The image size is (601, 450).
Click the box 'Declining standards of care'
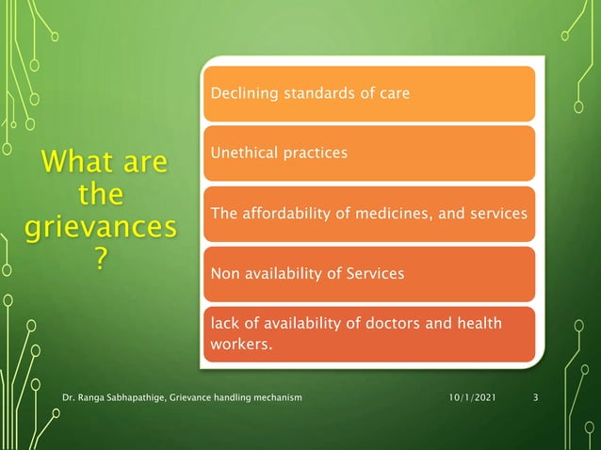click(368, 93)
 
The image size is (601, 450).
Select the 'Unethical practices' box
click(368, 153)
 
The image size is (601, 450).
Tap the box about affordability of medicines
click(368, 214)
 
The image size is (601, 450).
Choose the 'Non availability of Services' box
click(368, 274)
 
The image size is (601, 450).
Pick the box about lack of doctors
click(368, 334)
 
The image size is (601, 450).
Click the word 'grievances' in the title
click(100, 227)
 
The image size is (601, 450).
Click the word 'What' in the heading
click(73, 163)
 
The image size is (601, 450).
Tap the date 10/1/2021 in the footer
click(471, 398)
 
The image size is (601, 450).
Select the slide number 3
click(535, 398)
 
